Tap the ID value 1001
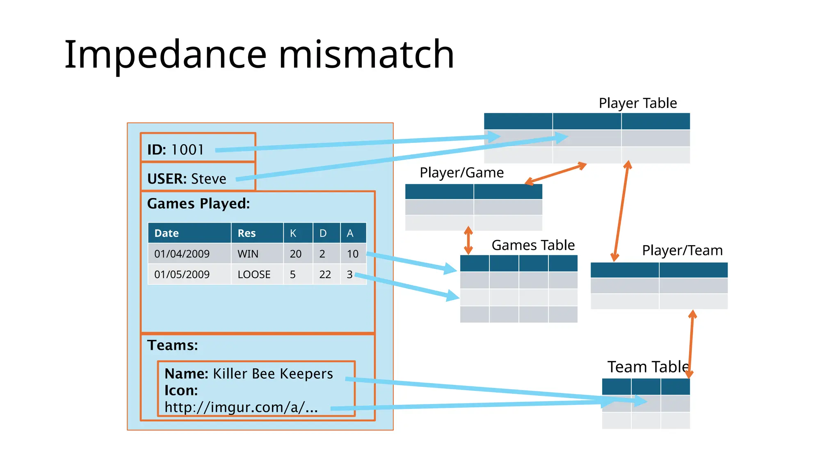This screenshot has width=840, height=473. pyautogui.click(x=187, y=149)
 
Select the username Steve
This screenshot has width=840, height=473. pyautogui.click(x=208, y=179)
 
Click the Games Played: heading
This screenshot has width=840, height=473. pyautogui.click(x=199, y=204)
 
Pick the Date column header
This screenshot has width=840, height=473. pyautogui.click(x=167, y=233)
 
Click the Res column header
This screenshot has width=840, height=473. pyautogui.click(x=247, y=233)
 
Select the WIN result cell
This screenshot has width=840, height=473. pyautogui.click(x=248, y=254)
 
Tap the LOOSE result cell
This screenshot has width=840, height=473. pyautogui.click(x=254, y=274)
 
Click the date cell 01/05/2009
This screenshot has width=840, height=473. pyautogui.click(x=182, y=274)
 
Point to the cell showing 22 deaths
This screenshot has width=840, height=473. pyautogui.click(x=325, y=274)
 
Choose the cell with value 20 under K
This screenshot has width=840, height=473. pyautogui.click(x=295, y=254)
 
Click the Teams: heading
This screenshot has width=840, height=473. pyautogui.click(x=172, y=345)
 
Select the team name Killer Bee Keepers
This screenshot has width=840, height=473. pyautogui.click(x=273, y=374)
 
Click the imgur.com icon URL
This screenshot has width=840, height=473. pyautogui.click(x=241, y=407)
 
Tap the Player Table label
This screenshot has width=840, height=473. pyautogui.click(x=637, y=103)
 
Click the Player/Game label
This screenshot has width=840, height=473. pyautogui.click(x=461, y=172)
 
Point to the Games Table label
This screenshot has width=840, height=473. pyautogui.click(x=533, y=245)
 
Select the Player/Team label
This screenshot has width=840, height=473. pyautogui.click(x=682, y=250)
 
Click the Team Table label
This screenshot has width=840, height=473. pyautogui.click(x=647, y=367)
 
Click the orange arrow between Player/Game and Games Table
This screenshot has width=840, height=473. pyautogui.click(x=468, y=240)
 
